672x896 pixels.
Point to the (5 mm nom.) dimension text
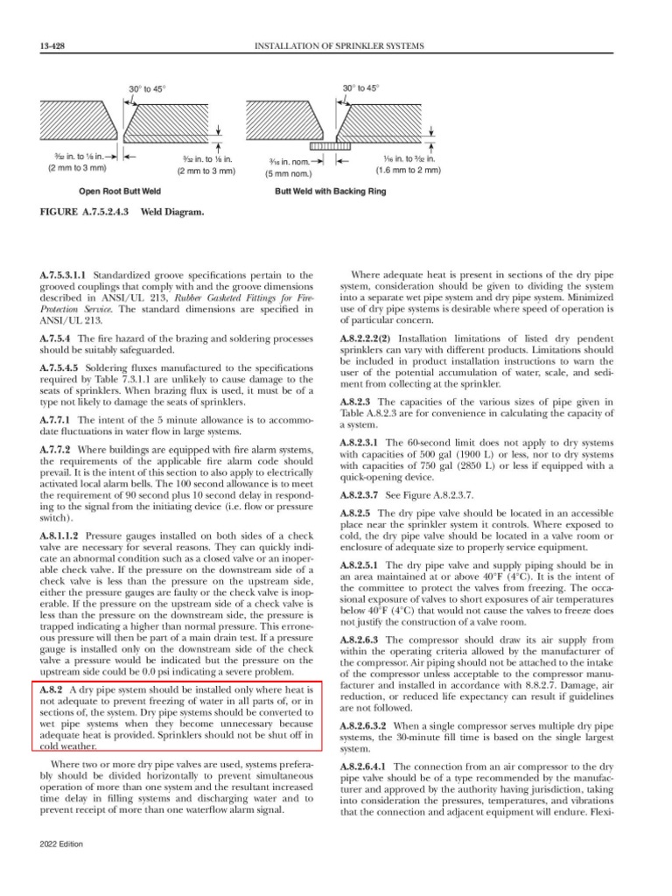pos(292,173)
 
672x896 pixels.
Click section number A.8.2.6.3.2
pos(367,726)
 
